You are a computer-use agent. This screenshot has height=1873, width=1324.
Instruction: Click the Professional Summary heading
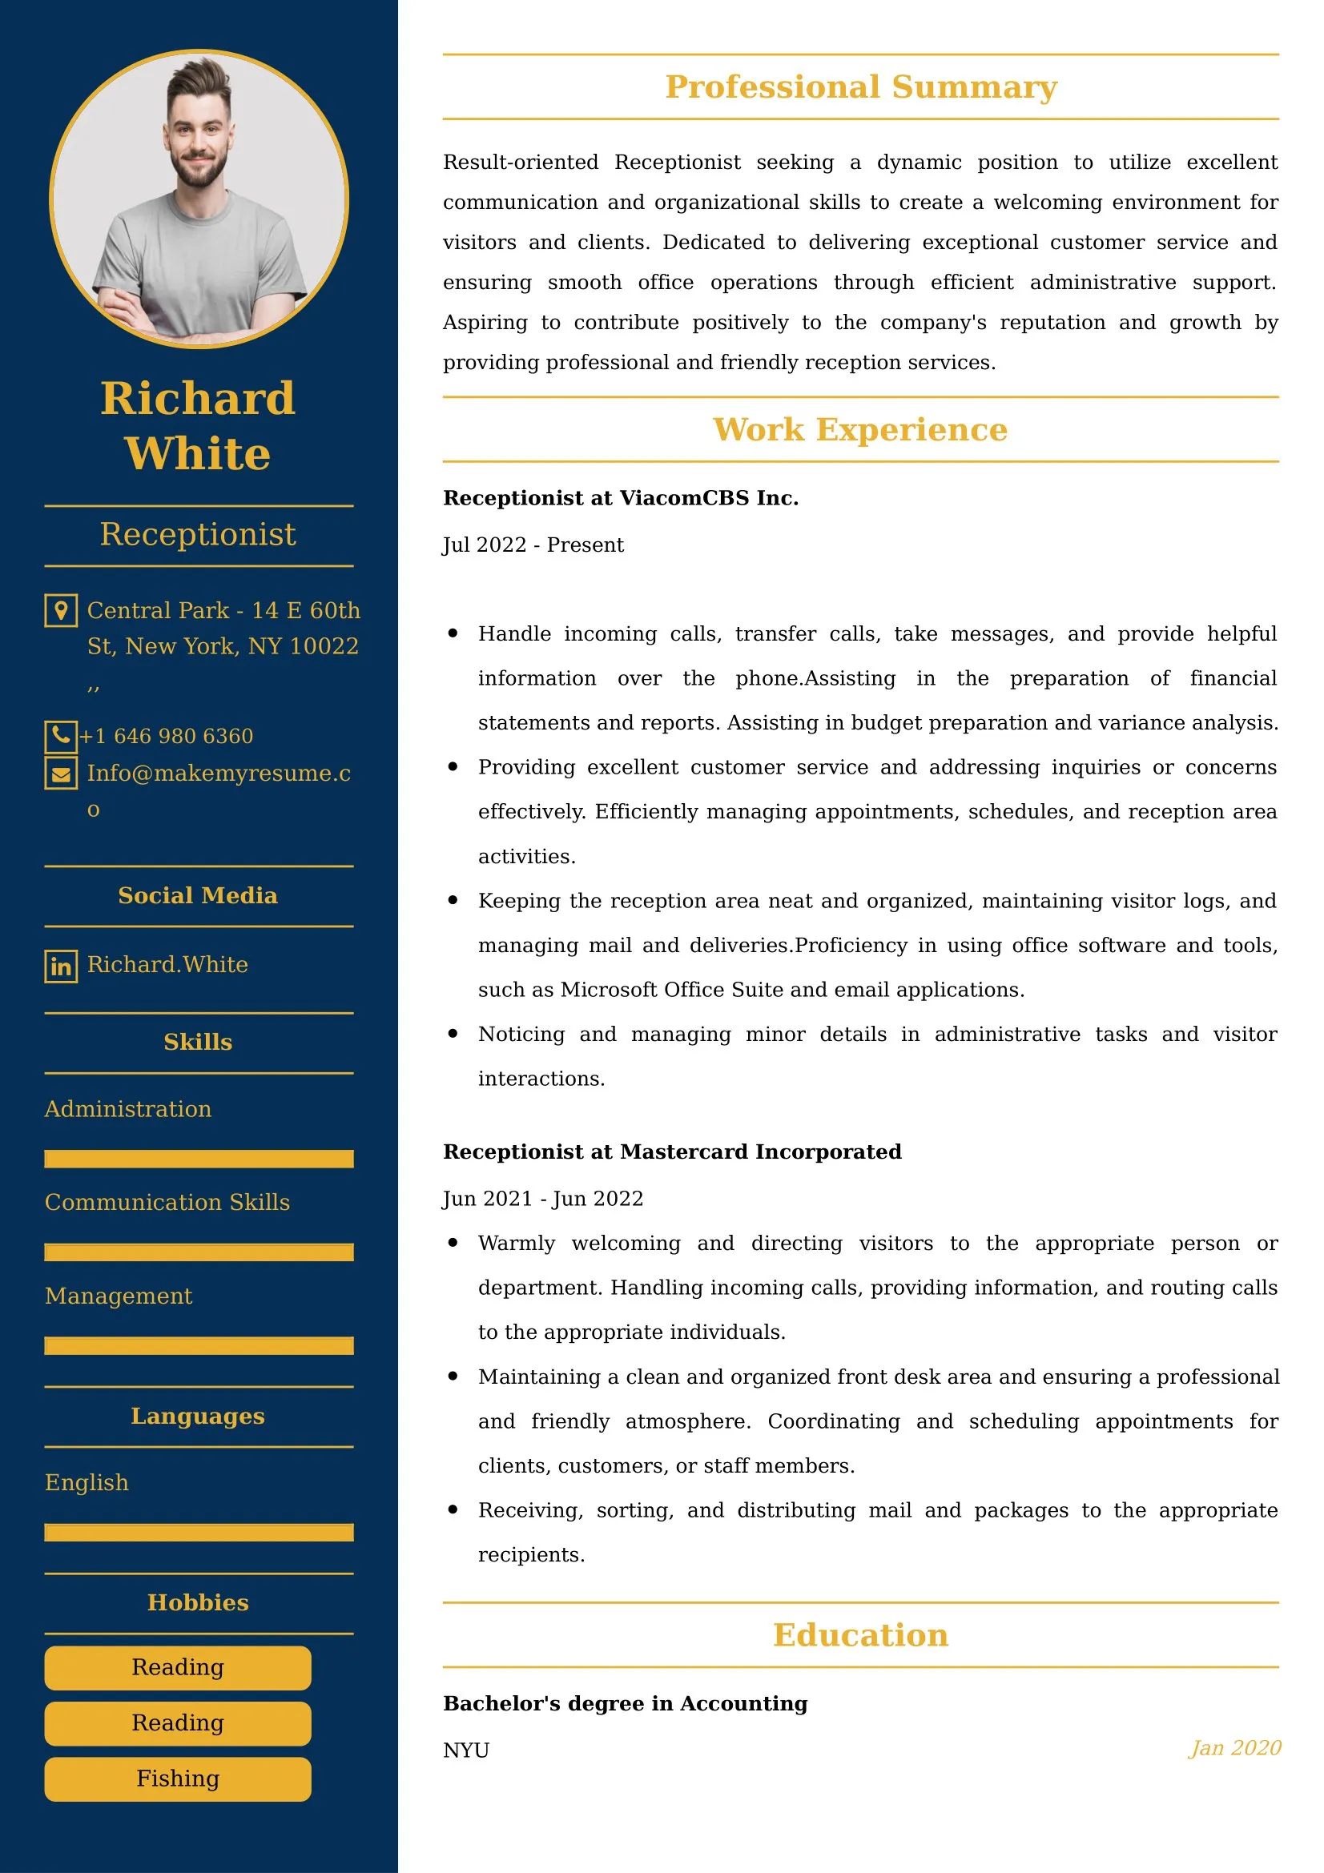(x=861, y=87)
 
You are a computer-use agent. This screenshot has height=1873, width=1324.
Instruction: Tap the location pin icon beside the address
(x=60, y=610)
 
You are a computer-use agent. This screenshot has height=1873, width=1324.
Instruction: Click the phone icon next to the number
(x=60, y=736)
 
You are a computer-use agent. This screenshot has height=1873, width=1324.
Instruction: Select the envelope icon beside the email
(x=60, y=774)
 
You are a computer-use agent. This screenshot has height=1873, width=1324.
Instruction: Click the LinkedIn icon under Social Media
(x=60, y=966)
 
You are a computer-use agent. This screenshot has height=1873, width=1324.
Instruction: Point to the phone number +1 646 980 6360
(x=167, y=736)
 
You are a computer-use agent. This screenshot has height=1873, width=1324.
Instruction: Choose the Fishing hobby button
(x=178, y=1779)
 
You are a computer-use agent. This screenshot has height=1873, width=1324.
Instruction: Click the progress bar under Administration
(x=198, y=1159)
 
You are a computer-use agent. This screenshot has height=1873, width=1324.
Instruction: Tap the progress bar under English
(x=198, y=1532)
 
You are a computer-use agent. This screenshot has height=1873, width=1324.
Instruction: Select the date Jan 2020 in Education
(x=1234, y=1747)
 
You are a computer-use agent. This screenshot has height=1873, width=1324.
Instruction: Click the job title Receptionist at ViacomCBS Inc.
(x=620, y=497)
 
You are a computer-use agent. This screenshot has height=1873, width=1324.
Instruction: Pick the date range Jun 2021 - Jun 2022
(x=542, y=1199)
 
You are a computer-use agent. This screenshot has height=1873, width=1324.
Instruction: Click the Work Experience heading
(x=861, y=430)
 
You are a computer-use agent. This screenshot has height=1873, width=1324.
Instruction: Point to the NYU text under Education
(x=466, y=1750)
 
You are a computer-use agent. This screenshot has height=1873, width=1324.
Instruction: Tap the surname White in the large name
(x=197, y=453)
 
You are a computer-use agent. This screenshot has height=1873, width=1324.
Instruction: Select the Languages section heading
(x=198, y=1417)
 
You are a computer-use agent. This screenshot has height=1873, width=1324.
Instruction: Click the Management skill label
(x=119, y=1296)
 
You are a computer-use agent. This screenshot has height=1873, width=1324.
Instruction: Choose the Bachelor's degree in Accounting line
(x=625, y=1703)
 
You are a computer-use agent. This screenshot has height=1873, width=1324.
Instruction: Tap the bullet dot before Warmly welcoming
(x=453, y=1243)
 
